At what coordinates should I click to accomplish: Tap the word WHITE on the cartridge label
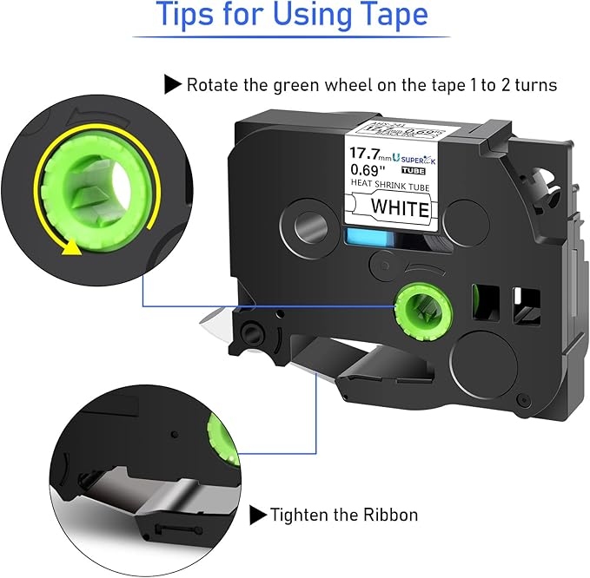pos(400,209)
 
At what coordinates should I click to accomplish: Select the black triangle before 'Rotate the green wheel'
pos(172,85)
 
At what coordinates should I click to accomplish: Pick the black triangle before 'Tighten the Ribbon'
pos(257,515)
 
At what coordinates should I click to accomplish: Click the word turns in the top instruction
pos(534,85)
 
